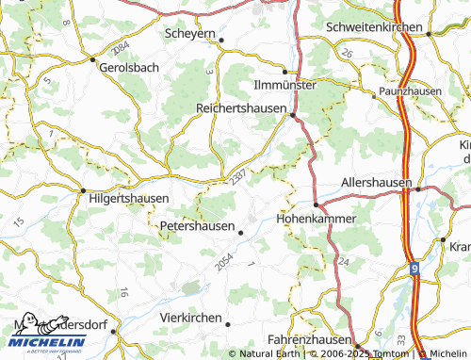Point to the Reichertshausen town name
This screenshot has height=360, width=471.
(240, 108)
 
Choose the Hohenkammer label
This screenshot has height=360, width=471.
(317, 218)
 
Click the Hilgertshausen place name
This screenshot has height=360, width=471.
(128, 199)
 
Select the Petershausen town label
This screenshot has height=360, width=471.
(197, 226)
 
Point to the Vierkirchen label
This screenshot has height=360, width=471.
(191, 318)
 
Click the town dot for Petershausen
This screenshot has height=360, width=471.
(240, 232)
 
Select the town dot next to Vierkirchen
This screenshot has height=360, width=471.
(228, 323)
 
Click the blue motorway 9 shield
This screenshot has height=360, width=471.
(415, 269)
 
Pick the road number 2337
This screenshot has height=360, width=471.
(237, 173)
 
